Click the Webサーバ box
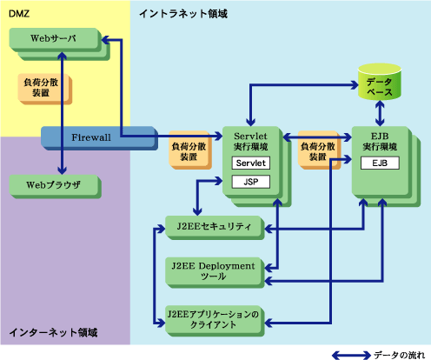55,40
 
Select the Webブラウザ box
55,186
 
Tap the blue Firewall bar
99,138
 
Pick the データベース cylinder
380,82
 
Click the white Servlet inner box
251,163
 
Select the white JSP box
251,182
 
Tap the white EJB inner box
380,163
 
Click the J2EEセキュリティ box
215,228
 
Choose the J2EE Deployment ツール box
215,272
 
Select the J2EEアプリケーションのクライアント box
215,321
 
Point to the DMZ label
19,14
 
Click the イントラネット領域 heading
183,14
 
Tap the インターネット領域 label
53,332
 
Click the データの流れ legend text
399,355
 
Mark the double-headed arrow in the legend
351,355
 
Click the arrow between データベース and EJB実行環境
380,113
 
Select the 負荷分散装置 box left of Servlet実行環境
190,150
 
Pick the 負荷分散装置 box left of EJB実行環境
319,150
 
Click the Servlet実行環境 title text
250,142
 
